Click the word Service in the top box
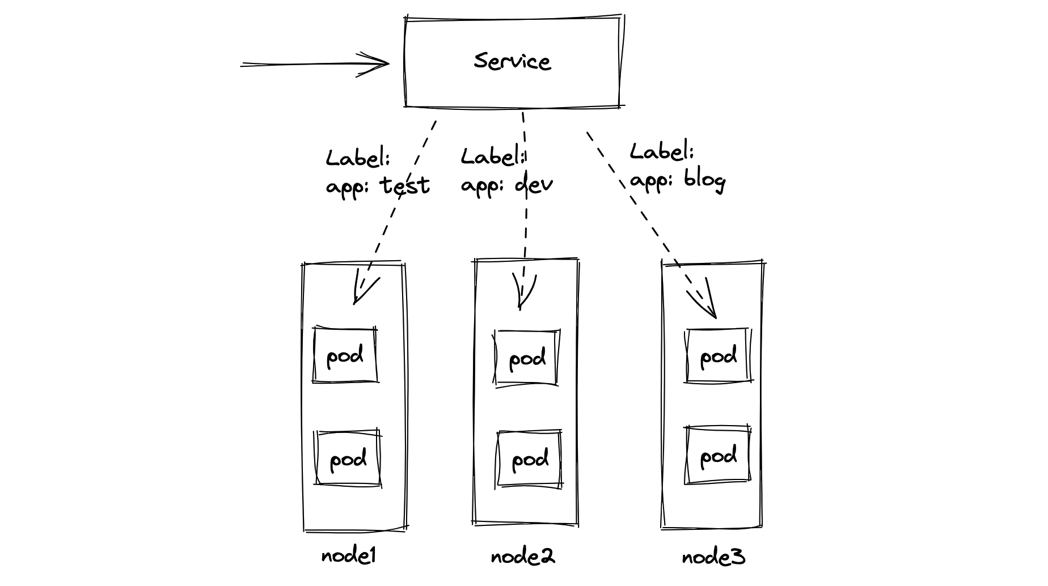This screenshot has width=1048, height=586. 512,61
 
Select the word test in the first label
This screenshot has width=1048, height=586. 404,185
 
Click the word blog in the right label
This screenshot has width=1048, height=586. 704,180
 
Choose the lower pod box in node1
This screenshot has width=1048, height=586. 348,458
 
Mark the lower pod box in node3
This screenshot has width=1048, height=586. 718,456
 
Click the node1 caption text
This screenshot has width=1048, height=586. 348,556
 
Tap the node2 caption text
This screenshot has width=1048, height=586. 522,557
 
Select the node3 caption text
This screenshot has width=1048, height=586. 713,558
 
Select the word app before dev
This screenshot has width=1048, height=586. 477,185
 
